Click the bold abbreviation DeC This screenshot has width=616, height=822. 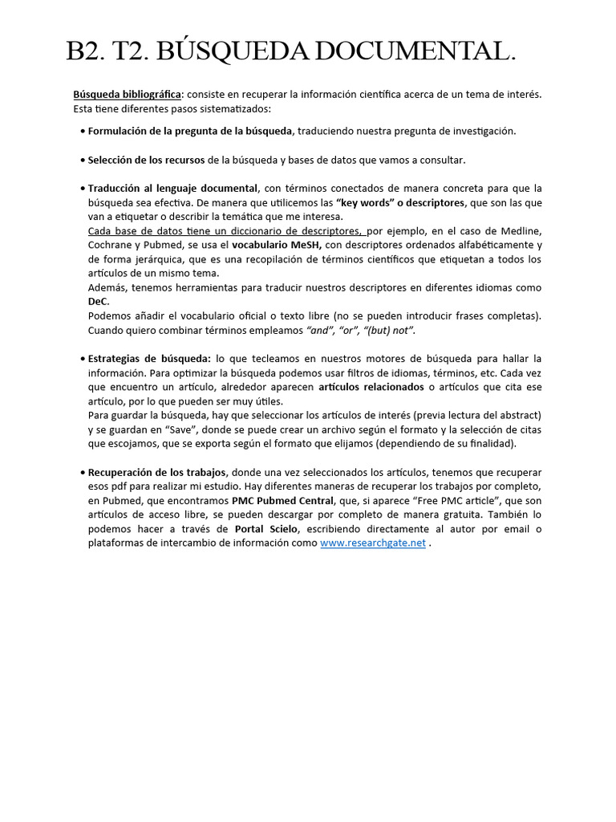click(98, 302)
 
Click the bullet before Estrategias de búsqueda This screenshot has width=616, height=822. click(83, 359)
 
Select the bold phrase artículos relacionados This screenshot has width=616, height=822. click(371, 387)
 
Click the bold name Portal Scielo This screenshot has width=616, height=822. click(268, 529)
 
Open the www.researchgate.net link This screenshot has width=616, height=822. click(372, 543)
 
